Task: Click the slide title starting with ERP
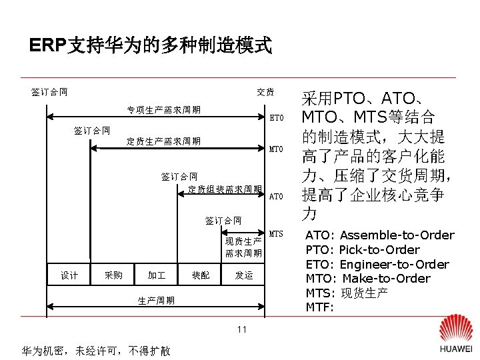151,45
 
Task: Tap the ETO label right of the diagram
277,118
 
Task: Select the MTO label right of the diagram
277,149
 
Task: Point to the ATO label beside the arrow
277,197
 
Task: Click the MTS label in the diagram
277,234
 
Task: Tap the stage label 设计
69,275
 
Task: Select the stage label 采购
114,275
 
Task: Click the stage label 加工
157,275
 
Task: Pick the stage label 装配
201,275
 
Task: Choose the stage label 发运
244,275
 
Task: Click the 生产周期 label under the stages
156,301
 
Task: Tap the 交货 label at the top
266,92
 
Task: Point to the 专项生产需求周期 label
164,109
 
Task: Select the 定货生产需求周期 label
164,141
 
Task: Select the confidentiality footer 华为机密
96,351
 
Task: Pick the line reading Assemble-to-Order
379,235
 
